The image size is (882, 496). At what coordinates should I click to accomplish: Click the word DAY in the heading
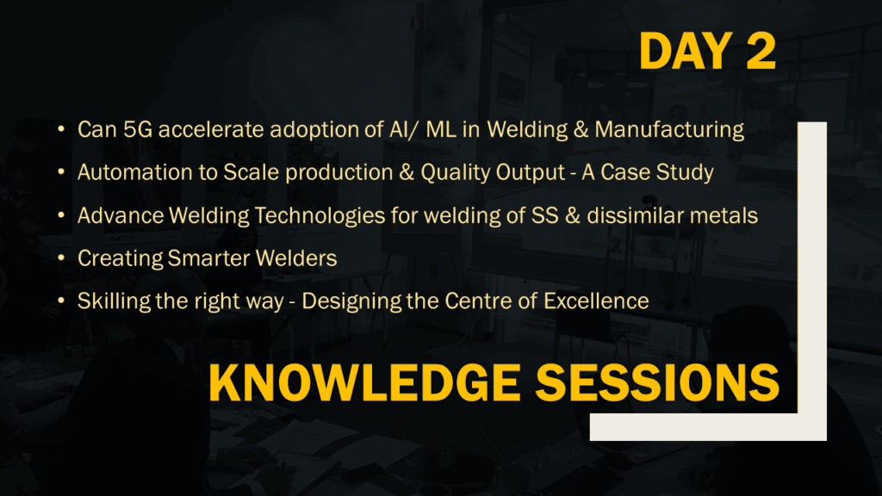pyautogui.click(x=685, y=51)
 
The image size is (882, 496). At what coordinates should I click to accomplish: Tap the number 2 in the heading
pyautogui.click(x=761, y=51)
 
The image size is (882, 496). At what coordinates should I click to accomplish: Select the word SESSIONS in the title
pyautogui.click(x=657, y=382)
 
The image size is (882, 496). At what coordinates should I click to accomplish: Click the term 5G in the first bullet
pyautogui.click(x=138, y=129)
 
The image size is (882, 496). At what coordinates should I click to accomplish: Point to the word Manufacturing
pyautogui.click(x=669, y=130)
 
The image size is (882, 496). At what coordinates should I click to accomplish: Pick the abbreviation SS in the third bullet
pyautogui.click(x=544, y=215)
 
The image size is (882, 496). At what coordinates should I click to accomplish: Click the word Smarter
pyautogui.click(x=208, y=258)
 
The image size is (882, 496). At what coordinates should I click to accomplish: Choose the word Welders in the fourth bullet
pyautogui.click(x=296, y=258)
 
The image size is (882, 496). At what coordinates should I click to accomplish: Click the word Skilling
pyautogui.click(x=113, y=301)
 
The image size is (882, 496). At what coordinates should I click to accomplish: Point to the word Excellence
pyautogui.click(x=596, y=301)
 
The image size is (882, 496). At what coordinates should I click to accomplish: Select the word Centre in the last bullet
pyautogui.click(x=478, y=301)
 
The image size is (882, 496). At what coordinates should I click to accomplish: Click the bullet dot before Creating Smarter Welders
pyautogui.click(x=61, y=258)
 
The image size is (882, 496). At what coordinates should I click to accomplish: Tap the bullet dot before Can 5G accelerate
pyautogui.click(x=61, y=129)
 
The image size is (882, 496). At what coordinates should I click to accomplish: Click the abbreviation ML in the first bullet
pyautogui.click(x=440, y=129)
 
